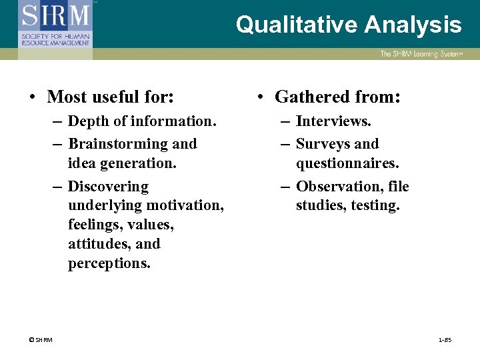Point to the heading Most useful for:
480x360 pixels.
pos(111,97)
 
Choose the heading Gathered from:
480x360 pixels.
pos(337,97)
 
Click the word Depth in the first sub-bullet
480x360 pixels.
pos(86,121)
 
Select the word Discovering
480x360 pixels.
pos(108,187)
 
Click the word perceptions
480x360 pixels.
pos(109,263)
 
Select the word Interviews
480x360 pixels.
pos(333,121)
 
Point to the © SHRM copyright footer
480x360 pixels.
pos(41,341)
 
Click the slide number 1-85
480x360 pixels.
pos(445,341)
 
